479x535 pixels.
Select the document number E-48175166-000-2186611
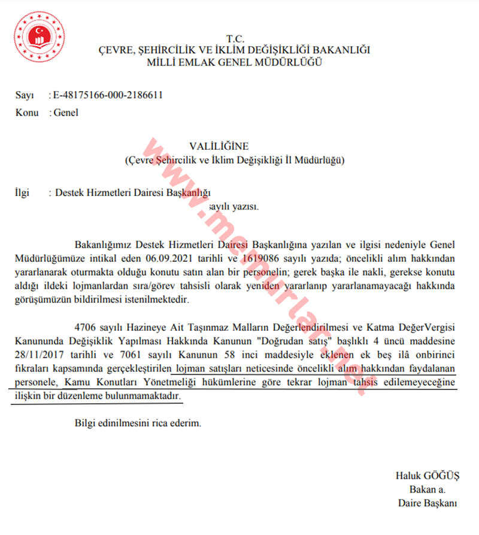point(108,95)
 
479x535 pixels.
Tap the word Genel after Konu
point(66,112)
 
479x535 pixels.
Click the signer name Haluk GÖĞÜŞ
point(427,476)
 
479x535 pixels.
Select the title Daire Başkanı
point(427,503)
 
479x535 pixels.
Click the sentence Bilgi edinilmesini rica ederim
point(138,423)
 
